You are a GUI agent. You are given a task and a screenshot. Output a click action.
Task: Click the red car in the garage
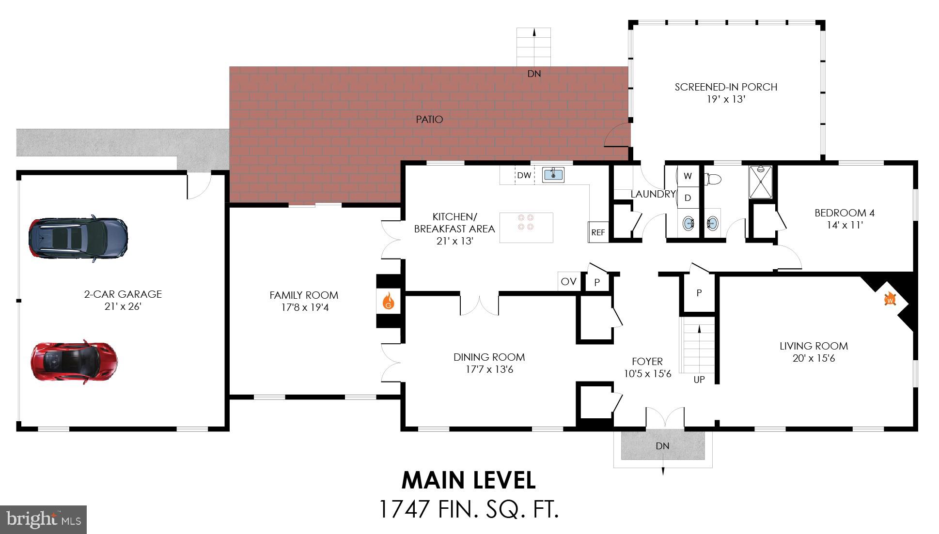pyautogui.click(x=74, y=362)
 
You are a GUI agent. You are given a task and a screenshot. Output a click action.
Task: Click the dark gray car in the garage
pyautogui.click(x=78, y=238)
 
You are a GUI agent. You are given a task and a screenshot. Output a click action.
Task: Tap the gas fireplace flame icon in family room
pyautogui.click(x=388, y=301)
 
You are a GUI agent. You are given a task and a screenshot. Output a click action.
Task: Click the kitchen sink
pyautogui.click(x=553, y=174)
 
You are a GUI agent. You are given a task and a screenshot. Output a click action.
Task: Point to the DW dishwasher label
pyautogui.click(x=524, y=175)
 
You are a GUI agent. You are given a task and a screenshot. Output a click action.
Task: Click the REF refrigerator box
pyautogui.click(x=598, y=232)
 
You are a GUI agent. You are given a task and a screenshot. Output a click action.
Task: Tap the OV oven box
pyautogui.click(x=568, y=281)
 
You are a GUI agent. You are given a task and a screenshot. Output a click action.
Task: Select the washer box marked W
pyautogui.click(x=688, y=176)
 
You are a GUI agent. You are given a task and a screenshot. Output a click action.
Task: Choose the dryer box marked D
pyautogui.click(x=688, y=198)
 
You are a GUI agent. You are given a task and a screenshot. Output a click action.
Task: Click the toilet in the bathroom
pyautogui.click(x=712, y=180)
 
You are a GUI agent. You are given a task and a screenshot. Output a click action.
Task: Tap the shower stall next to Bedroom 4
pyautogui.click(x=761, y=182)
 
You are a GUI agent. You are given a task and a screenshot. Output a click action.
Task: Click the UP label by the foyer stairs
pyautogui.click(x=699, y=380)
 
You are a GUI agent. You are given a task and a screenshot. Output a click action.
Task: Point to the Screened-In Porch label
pyautogui.click(x=725, y=87)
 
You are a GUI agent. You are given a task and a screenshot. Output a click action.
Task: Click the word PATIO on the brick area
pyautogui.click(x=429, y=120)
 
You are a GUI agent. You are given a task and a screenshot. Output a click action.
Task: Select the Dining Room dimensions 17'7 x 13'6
pyautogui.click(x=489, y=369)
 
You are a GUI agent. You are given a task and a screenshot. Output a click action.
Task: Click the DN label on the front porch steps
pyautogui.click(x=662, y=446)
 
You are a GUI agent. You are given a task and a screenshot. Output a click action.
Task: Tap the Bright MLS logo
pyautogui.click(x=44, y=520)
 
